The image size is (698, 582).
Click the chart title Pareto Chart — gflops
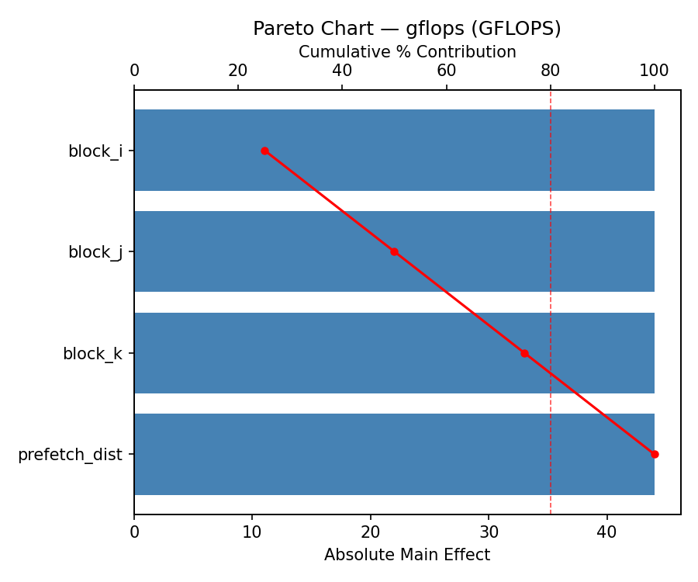tap(406, 29)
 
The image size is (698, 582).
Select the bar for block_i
tap(394, 151)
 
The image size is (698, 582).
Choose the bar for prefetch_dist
tap(394, 454)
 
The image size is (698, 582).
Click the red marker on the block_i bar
tap(264, 151)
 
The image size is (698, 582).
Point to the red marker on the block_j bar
tap(394, 251)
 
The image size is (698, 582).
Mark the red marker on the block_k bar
tap(524, 353)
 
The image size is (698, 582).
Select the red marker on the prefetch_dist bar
tap(655, 454)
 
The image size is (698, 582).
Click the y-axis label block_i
tap(95, 151)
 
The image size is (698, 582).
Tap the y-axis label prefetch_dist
tap(70, 455)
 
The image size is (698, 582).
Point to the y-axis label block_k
tap(92, 354)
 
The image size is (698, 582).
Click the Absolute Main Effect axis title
tap(406, 555)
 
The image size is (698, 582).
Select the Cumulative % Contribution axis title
tap(406, 52)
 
